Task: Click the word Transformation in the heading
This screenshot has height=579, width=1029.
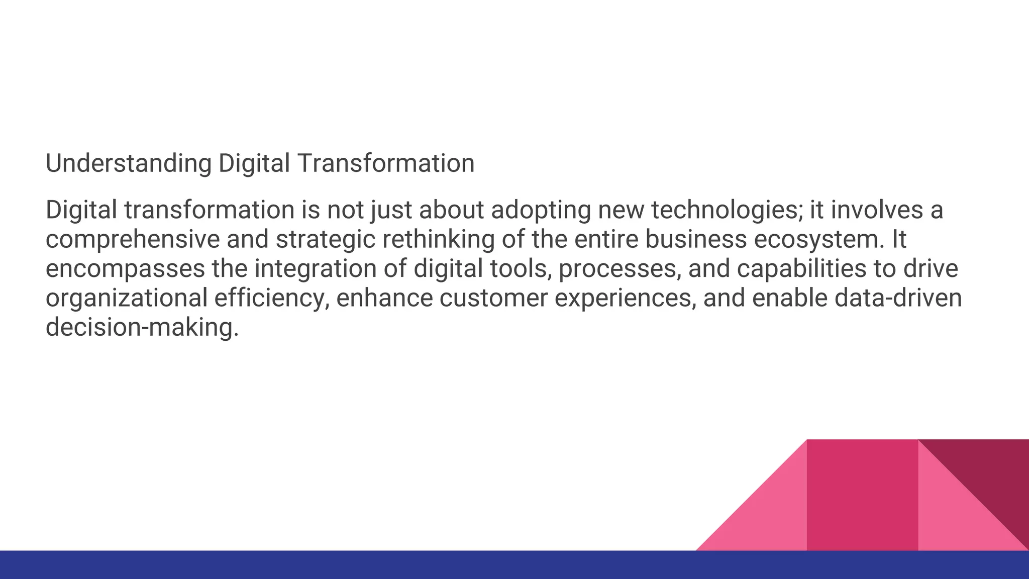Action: [x=385, y=164]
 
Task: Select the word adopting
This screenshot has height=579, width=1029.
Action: [x=541, y=210]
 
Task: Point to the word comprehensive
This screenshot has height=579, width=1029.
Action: [x=133, y=240]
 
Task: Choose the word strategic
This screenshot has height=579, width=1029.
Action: [x=326, y=240]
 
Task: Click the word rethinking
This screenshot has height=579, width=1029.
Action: [x=439, y=240]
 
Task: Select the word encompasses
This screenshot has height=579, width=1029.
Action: [x=125, y=269]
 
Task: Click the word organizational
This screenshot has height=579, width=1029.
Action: [x=126, y=298]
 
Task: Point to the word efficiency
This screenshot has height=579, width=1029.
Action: [x=272, y=298]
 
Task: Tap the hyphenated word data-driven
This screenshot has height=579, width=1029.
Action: [x=898, y=298]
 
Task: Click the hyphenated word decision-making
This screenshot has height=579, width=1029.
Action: [x=142, y=328]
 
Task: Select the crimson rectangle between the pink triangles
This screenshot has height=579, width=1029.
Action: [x=862, y=495]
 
